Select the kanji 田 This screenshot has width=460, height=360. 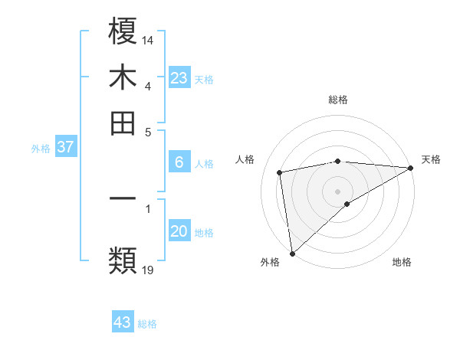click(123, 123)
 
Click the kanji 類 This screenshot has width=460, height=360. click(123, 260)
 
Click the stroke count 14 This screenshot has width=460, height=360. click(149, 40)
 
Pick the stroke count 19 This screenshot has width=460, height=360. click(149, 269)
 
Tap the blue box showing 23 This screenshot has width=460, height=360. click(179, 78)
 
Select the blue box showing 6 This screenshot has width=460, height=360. click(179, 162)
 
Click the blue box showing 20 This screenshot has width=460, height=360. click(179, 231)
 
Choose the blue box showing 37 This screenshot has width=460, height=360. click(65, 148)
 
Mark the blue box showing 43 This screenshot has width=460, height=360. click(123, 322)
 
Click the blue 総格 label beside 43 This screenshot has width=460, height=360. click(147, 324)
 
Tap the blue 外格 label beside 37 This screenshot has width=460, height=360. click(41, 149)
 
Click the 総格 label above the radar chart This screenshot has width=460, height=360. click(338, 100)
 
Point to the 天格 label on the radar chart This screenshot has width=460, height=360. click(431, 159)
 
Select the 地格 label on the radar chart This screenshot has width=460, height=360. click(402, 262)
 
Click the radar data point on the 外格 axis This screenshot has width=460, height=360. click(292, 253)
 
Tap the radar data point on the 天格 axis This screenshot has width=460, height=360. click(411, 168)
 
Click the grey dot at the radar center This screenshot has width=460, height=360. click(338, 191)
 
